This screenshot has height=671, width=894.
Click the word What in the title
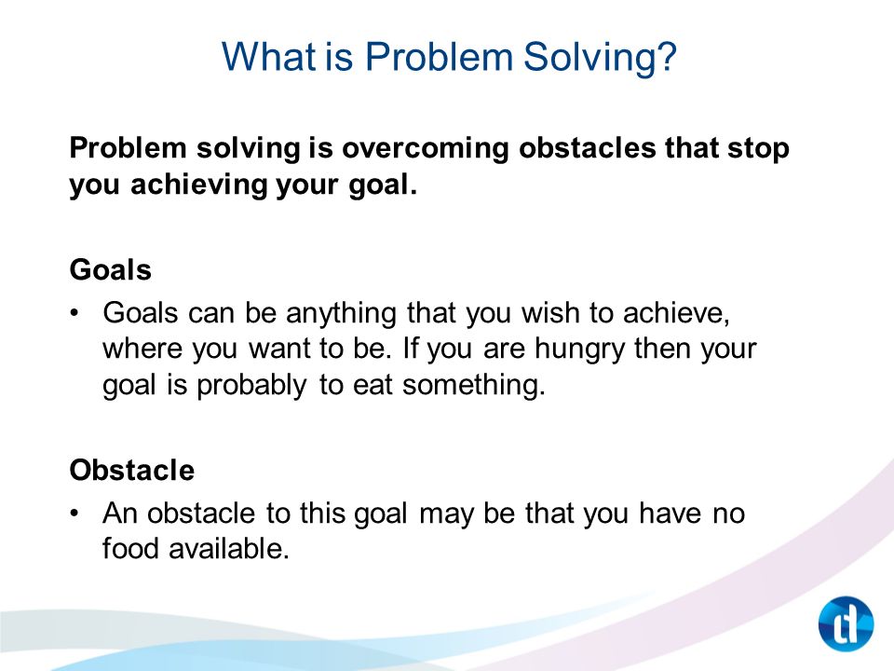click(x=268, y=57)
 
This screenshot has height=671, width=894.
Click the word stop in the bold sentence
click(x=758, y=149)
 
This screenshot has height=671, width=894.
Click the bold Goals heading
click(x=111, y=269)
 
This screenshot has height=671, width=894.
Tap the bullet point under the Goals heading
click(x=74, y=313)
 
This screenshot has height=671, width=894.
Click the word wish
click(x=550, y=313)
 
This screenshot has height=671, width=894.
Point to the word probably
click(x=251, y=386)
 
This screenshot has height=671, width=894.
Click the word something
click(x=474, y=386)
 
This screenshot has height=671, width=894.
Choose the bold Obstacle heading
click(x=131, y=470)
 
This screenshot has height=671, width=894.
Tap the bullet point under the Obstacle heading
click(x=74, y=514)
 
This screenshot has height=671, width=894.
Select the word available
click(x=229, y=549)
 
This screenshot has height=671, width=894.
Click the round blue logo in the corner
click(x=846, y=623)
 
